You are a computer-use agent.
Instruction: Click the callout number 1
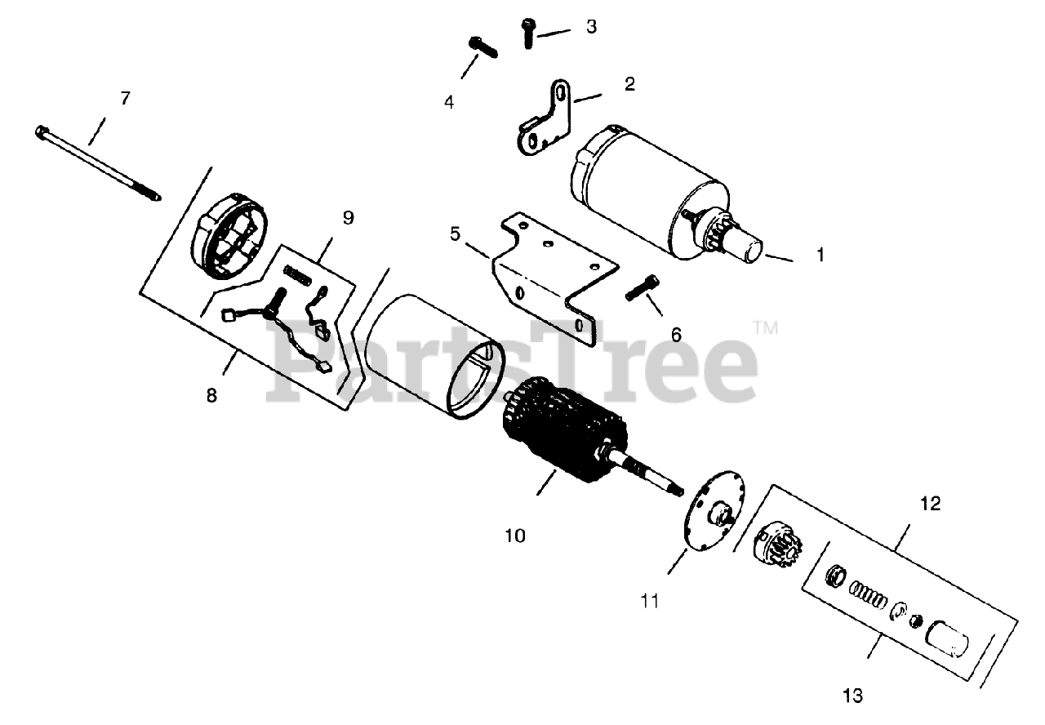(820, 256)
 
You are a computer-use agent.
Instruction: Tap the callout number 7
(125, 99)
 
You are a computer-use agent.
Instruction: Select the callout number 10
(515, 536)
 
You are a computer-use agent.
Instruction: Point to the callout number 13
(852, 696)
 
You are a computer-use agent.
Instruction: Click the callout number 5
(455, 234)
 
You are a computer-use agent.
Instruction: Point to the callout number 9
(348, 218)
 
